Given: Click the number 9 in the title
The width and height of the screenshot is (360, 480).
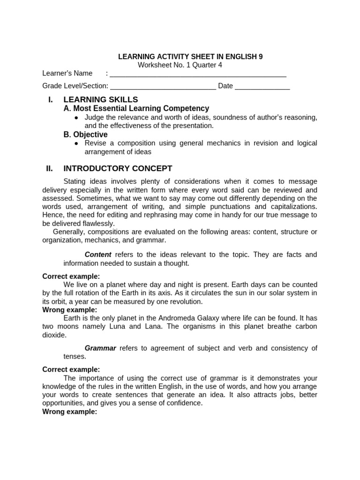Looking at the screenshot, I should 260,57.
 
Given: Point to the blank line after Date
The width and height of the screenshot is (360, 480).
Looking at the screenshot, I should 262,87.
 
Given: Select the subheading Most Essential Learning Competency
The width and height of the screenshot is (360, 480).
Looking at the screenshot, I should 141,109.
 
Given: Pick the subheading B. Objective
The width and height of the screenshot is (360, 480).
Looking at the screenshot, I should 85,135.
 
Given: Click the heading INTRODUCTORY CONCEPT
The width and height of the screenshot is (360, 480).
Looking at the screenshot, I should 118,168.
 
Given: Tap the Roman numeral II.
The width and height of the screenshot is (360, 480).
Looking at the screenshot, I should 49,168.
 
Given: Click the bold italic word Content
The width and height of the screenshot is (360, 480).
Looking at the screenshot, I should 97,255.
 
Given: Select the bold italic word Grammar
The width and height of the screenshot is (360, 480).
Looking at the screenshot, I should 100,348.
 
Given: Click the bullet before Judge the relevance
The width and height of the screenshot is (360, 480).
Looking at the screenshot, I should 76,118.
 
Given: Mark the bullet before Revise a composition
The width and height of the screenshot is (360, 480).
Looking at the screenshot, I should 76,143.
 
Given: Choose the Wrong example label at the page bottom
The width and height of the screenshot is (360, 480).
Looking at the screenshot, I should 69,412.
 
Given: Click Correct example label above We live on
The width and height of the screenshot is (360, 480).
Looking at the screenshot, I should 71,276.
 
